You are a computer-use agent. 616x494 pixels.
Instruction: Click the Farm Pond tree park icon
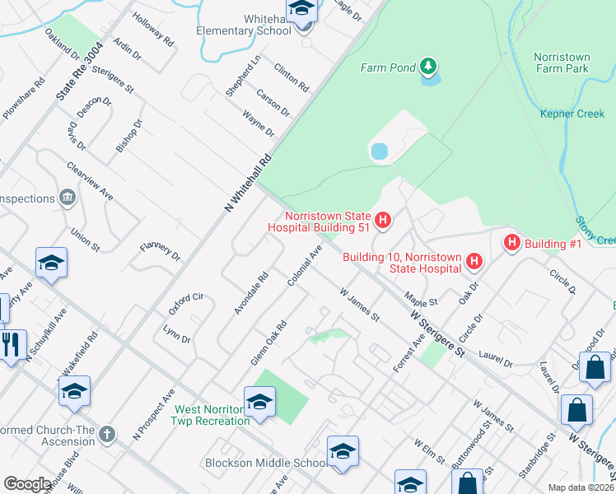pyautogui.click(x=427, y=65)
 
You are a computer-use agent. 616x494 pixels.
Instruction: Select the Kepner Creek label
pyautogui.click(x=572, y=114)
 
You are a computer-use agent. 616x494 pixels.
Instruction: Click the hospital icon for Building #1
pyautogui.click(x=511, y=242)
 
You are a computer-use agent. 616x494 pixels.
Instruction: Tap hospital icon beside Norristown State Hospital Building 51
pyautogui.click(x=382, y=219)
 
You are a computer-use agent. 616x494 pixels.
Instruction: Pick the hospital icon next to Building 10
pyautogui.click(x=474, y=262)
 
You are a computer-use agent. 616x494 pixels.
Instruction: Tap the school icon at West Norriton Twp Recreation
pyautogui.click(x=259, y=403)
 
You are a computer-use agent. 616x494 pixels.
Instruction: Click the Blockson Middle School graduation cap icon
pyautogui.click(x=343, y=452)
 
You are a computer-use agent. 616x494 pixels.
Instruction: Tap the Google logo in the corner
pyautogui.click(x=27, y=483)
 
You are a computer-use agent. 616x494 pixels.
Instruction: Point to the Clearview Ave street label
pyautogui.click(x=90, y=179)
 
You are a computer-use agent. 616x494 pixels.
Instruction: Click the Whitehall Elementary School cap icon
pyautogui.click(x=301, y=11)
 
